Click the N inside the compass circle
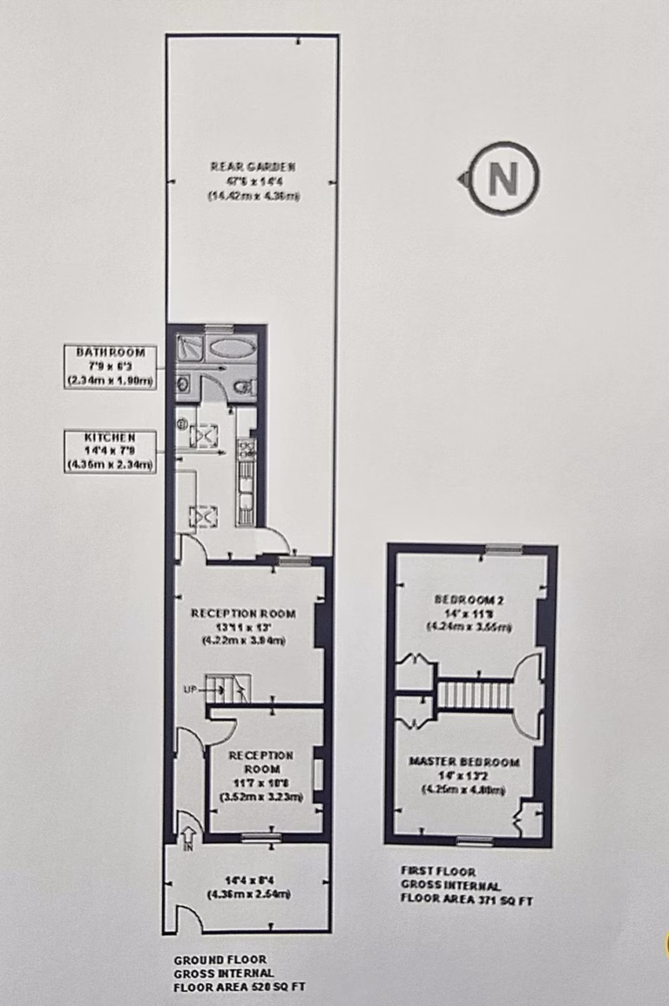(x=503, y=179)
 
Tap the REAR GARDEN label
(x=253, y=166)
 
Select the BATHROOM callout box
(x=111, y=366)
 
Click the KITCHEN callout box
(x=111, y=451)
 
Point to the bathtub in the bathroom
(x=230, y=351)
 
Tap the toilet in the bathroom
(x=246, y=388)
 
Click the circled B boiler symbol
(x=182, y=425)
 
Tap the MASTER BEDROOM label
(x=464, y=762)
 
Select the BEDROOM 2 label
(x=470, y=599)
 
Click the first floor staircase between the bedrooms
(x=464, y=696)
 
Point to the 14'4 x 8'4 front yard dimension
(x=248, y=881)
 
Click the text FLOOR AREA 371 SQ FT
(x=466, y=901)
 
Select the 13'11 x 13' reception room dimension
(x=243, y=627)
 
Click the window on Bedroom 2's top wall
(x=503, y=548)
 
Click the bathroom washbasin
(x=184, y=384)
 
